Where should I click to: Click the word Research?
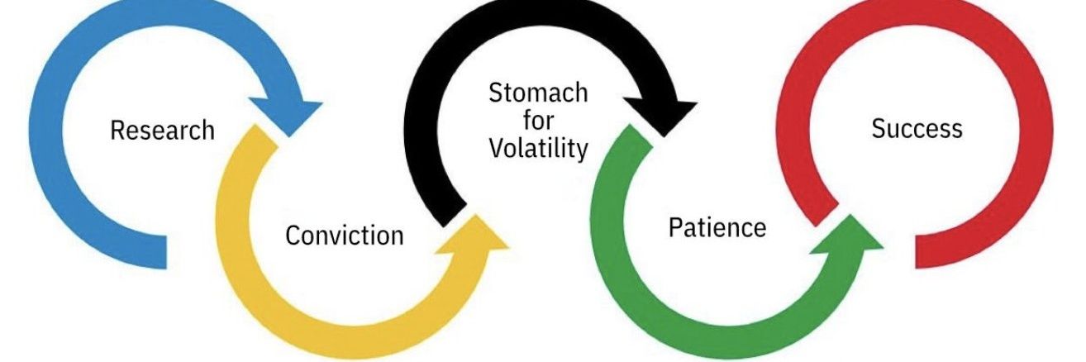[163, 131]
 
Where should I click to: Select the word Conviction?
[344, 236]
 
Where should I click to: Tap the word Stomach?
[538, 93]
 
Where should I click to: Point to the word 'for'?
[538, 120]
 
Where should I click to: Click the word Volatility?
[538, 148]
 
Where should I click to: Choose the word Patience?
[717, 227]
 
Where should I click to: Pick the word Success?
[917, 129]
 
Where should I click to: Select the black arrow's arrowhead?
[663, 116]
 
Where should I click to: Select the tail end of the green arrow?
[641, 136]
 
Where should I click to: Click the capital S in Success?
[879, 129]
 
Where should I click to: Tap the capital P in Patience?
[676, 227]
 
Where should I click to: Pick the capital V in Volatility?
[497, 148]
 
